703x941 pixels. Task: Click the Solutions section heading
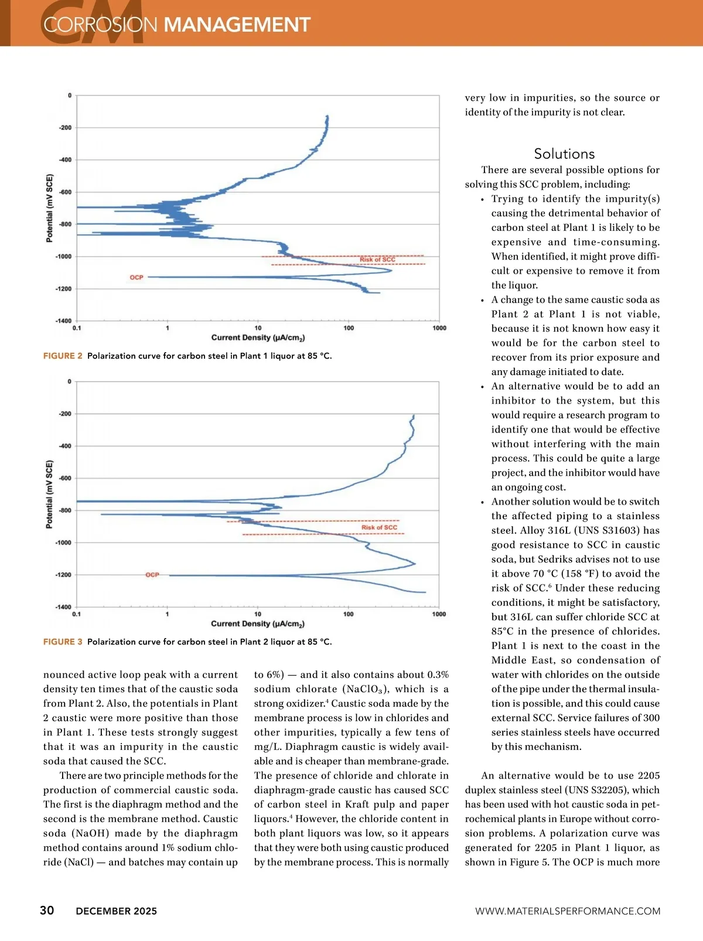pyautogui.click(x=564, y=154)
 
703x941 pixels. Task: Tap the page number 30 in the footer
pyautogui.click(x=47, y=910)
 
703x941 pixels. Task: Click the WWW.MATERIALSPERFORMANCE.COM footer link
pyautogui.click(x=568, y=911)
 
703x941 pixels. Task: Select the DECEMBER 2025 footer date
pyautogui.click(x=117, y=911)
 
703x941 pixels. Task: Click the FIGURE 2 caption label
pyautogui.click(x=63, y=356)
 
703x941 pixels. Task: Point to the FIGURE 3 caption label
pyautogui.click(x=63, y=642)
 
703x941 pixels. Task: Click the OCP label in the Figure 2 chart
pyautogui.click(x=136, y=277)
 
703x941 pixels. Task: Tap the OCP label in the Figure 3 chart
pyautogui.click(x=152, y=575)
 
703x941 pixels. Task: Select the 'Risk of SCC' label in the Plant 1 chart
pyautogui.click(x=377, y=260)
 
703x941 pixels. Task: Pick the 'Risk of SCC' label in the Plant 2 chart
pyautogui.click(x=379, y=527)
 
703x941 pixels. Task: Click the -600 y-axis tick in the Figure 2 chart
pyautogui.click(x=64, y=192)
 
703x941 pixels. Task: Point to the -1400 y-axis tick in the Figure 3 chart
pyautogui.click(x=63, y=607)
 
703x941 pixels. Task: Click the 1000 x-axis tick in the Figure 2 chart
pyautogui.click(x=439, y=328)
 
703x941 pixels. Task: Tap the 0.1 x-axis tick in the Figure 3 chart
pyautogui.click(x=77, y=614)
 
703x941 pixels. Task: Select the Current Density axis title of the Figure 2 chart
pyautogui.click(x=258, y=337)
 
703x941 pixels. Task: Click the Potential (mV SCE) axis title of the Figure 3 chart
pyautogui.click(x=49, y=494)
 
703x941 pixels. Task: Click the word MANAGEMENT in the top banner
pyautogui.click(x=237, y=25)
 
